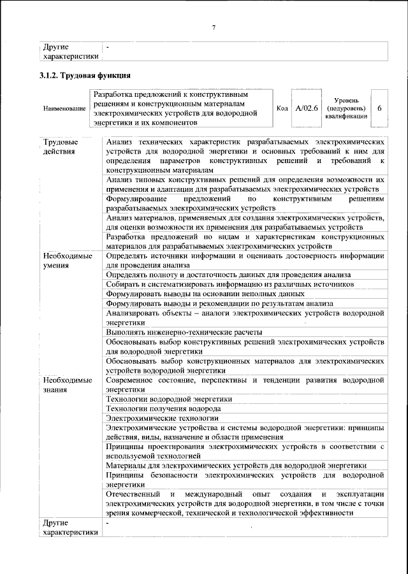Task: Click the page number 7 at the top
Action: click(214, 27)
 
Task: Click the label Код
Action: click(282, 108)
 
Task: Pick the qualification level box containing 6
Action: click(379, 108)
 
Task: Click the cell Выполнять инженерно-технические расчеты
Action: click(184, 332)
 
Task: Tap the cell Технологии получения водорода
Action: click(164, 408)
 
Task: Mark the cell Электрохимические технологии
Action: click(162, 418)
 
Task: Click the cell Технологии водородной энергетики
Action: click(169, 399)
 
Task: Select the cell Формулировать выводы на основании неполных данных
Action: click(205, 294)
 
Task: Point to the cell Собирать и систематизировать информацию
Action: click(229, 284)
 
